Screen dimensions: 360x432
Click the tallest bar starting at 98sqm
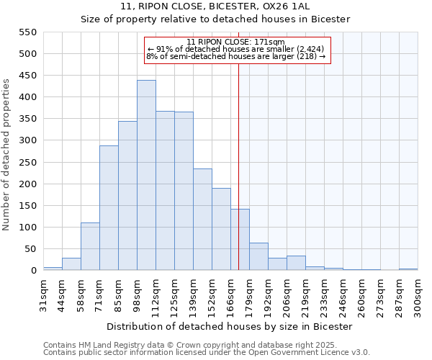coord(146,175)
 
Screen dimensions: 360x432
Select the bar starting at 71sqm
coord(109,208)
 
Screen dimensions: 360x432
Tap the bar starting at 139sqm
coord(202,220)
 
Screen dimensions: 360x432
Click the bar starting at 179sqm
coord(258,256)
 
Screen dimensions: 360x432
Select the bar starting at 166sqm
coord(240,240)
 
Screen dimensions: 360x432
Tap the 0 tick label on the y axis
coord(32,271)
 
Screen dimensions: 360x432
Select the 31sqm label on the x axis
coord(43,295)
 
